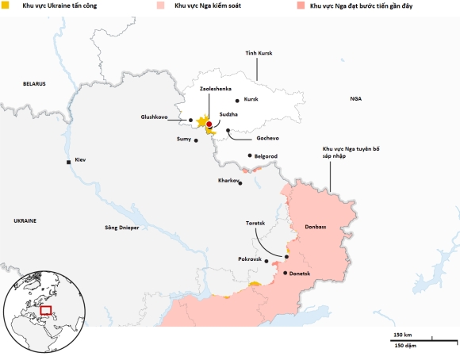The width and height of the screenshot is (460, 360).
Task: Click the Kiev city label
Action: [80, 161]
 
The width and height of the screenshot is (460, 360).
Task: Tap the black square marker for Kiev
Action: [69, 162]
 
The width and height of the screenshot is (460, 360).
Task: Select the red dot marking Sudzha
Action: [209, 124]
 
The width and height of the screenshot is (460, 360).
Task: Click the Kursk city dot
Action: [237, 101]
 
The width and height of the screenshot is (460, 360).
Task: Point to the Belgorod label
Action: [266, 156]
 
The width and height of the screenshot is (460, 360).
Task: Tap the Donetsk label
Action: [300, 274]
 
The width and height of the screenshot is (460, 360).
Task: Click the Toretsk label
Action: [259, 224]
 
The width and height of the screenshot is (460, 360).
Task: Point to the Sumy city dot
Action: [196, 140]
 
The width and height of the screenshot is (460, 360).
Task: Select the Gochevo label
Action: [246, 137]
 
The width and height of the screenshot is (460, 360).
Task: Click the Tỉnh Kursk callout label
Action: [259, 52]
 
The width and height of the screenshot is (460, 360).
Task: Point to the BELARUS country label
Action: [34, 83]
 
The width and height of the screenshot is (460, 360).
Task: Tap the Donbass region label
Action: [316, 227]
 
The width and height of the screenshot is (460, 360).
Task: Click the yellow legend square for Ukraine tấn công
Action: [6, 6]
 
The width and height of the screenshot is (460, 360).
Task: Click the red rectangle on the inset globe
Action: [46, 311]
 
